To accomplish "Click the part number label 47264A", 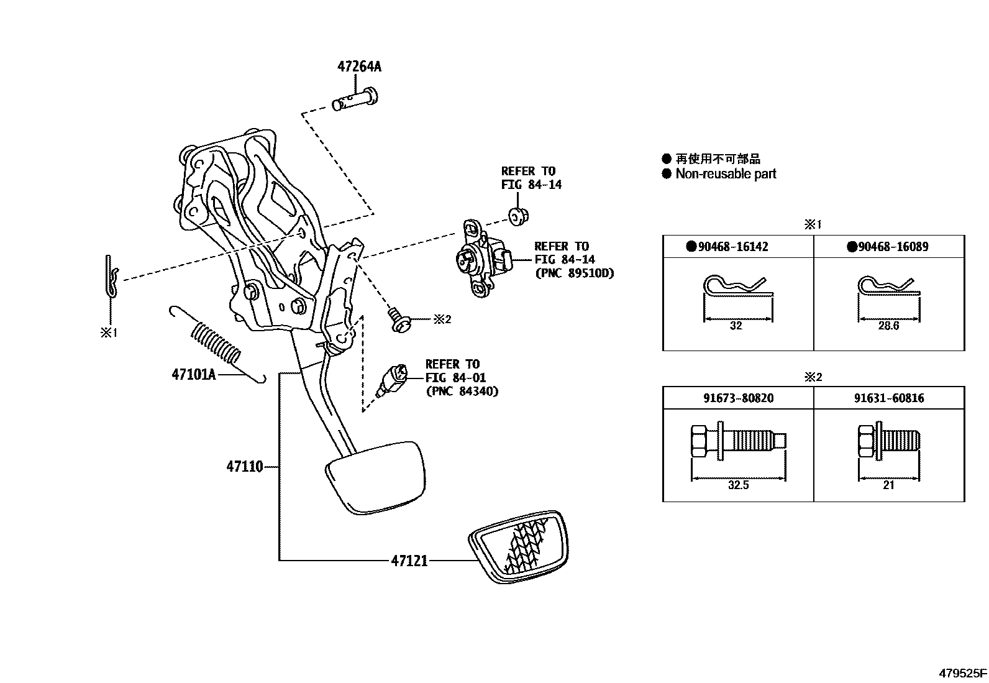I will point(359,66).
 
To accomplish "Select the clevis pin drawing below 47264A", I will point(355,100).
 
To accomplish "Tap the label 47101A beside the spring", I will point(193,374).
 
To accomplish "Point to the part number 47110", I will point(245,466).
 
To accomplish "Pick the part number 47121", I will point(409,561).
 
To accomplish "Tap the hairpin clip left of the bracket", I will point(110,276).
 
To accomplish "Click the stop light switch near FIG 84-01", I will point(391,381).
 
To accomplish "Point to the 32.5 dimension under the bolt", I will point(737,485).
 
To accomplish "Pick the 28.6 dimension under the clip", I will point(888,326).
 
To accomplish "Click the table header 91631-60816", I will point(888,398).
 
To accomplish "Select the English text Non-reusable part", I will point(726,174).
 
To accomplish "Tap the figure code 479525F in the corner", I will point(962,673).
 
